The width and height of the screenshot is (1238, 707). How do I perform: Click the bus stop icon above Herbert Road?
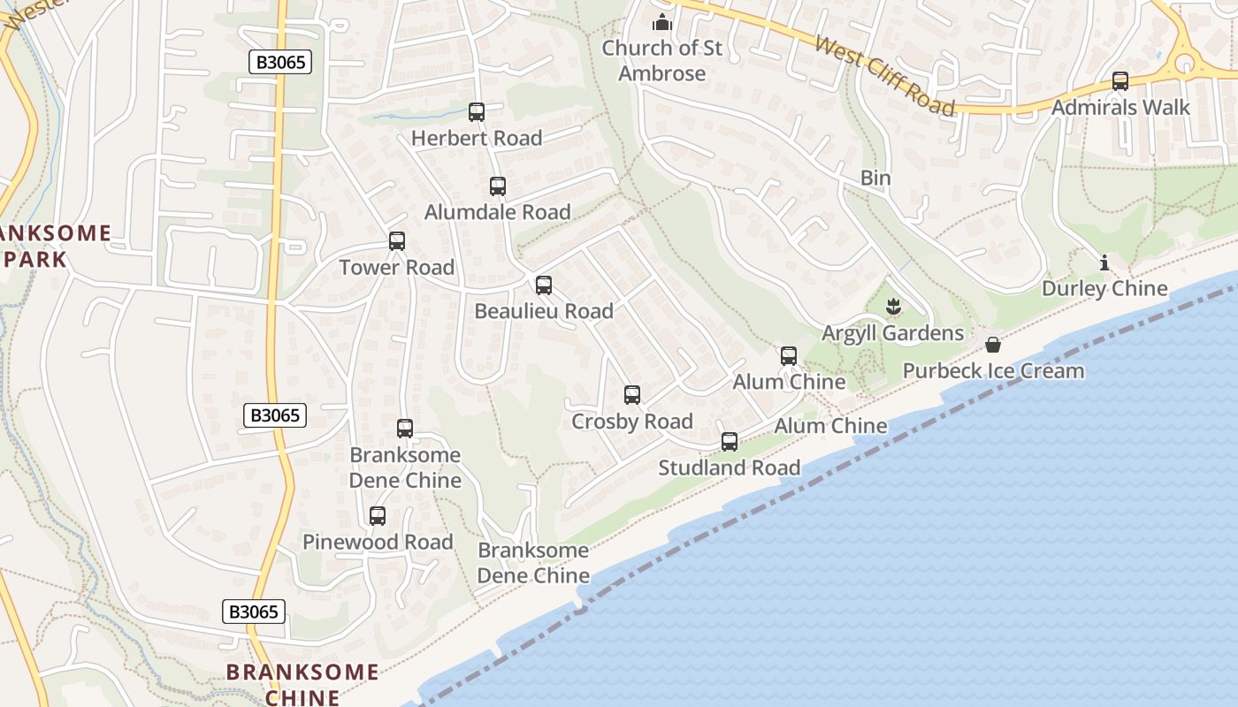point(477,112)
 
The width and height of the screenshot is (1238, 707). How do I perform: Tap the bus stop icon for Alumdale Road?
point(498,186)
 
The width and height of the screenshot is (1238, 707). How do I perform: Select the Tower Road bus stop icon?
point(397,241)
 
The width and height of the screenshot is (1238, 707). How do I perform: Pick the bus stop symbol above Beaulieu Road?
point(544,285)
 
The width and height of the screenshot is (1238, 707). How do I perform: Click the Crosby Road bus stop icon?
point(632,395)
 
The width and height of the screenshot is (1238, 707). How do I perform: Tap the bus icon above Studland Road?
point(730,442)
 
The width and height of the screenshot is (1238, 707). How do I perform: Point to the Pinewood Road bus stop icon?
point(378,516)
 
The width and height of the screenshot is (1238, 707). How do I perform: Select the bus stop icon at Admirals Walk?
point(1120,81)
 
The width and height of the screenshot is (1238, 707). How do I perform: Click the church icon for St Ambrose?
point(662,22)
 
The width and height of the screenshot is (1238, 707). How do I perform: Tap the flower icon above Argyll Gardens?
point(893,308)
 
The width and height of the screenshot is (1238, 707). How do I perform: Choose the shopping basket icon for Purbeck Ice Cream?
point(993,345)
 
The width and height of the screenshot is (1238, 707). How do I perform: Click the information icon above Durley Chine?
point(1104,262)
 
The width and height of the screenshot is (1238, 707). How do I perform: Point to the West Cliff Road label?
point(884,76)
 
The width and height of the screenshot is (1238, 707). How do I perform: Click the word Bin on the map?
point(875,178)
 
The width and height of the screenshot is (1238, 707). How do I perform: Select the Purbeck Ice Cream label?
point(993,370)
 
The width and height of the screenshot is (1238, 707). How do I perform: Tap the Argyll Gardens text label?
point(893,333)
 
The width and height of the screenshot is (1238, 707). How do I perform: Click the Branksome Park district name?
point(53,247)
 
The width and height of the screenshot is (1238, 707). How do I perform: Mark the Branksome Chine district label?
point(302,684)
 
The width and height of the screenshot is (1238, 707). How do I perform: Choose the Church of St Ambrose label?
point(662,60)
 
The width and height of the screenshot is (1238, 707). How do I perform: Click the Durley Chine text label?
point(1104,288)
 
